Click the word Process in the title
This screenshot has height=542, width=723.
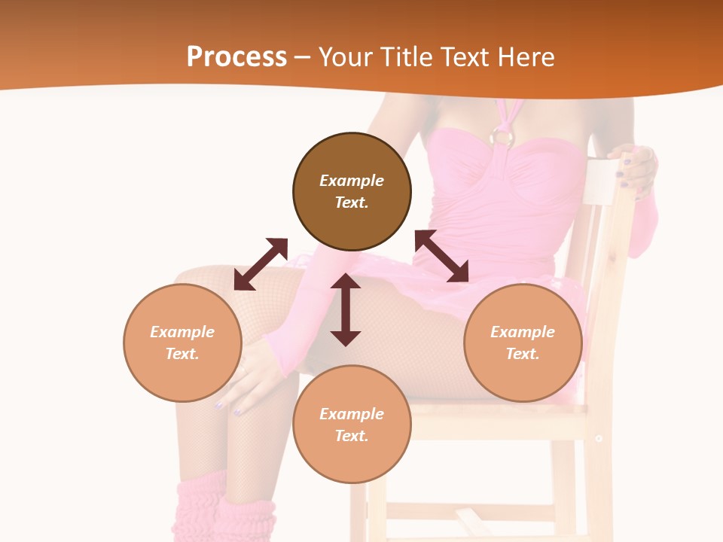[236, 57]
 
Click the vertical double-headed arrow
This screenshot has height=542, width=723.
[346, 309]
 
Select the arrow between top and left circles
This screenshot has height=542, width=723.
[261, 264]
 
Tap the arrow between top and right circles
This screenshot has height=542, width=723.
[441, 256]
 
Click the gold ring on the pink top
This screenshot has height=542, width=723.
[502, 136]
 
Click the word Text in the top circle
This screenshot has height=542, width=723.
[352, 202]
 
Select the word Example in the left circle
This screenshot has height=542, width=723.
[182, 332]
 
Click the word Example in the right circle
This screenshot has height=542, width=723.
[523, 332]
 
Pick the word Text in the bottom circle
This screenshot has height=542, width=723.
[352, 436]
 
